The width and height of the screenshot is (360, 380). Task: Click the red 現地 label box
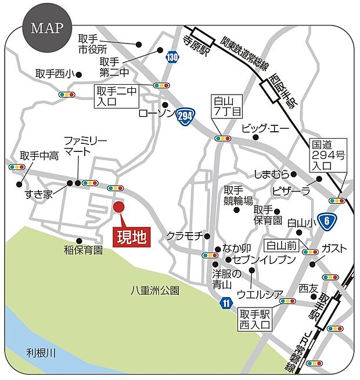click(131, 237)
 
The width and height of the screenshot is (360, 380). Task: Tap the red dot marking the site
click(118, 207)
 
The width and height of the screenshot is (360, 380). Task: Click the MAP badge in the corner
click(46, 28)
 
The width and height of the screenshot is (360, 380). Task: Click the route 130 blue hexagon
click(172, 57)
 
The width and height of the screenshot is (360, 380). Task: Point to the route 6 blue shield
click(328, 219)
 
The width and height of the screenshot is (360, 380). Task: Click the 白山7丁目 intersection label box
click(222, 105)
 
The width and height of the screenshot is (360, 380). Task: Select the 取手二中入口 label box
click(116, 96)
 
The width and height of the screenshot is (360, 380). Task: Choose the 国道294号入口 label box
click(329, 154)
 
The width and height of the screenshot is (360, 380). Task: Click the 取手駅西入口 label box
click(255, 319)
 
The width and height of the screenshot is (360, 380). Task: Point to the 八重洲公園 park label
click(155, 289)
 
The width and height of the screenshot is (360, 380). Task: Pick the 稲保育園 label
click(83, 250)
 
